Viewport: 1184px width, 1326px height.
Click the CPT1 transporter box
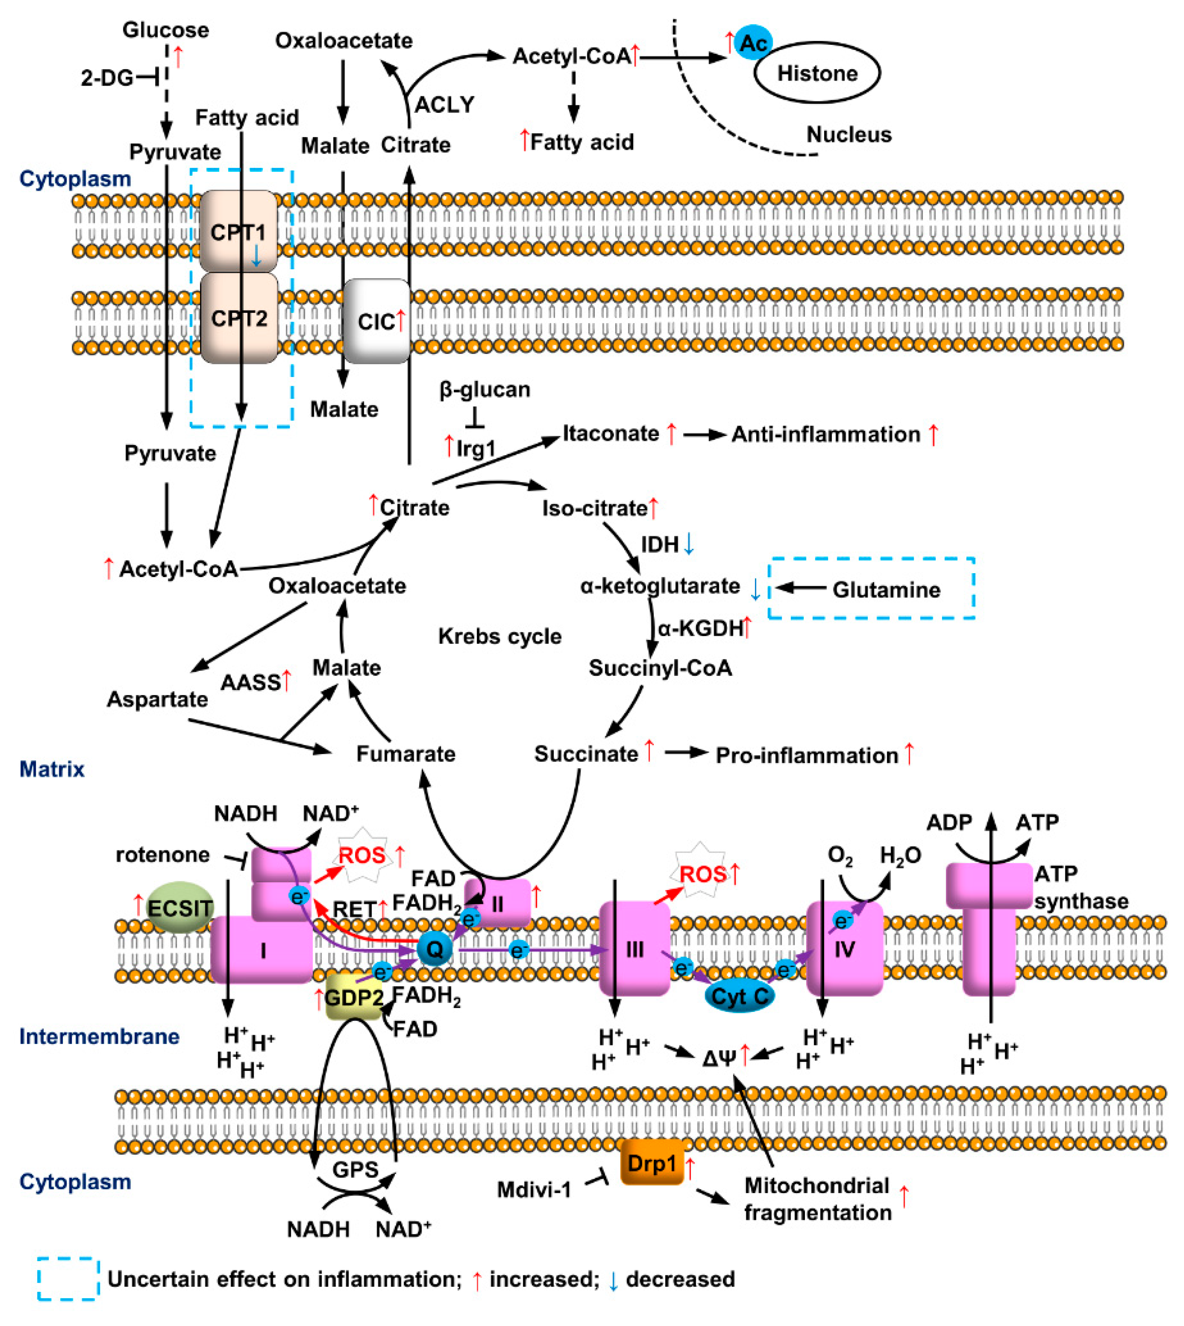[238, 231]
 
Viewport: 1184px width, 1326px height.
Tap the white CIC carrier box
[376, 321]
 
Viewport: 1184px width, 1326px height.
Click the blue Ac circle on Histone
[753, 43]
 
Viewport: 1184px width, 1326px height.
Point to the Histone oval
[817, 72]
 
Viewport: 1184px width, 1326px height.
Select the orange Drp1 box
[652, 1162]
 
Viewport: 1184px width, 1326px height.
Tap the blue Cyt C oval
[740, 995]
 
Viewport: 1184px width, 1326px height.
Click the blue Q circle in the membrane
[434, 949]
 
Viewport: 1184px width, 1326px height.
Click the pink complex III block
[634, 949]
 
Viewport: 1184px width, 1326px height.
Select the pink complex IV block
[845, 949]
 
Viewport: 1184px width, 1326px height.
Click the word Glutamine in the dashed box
[886, 590]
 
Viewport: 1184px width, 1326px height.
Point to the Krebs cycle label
[500, 636]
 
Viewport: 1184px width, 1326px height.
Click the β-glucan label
[485, 389]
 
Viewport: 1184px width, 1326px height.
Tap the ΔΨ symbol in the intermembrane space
[720, 1058]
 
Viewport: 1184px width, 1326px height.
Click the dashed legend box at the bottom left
[68, 1279]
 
